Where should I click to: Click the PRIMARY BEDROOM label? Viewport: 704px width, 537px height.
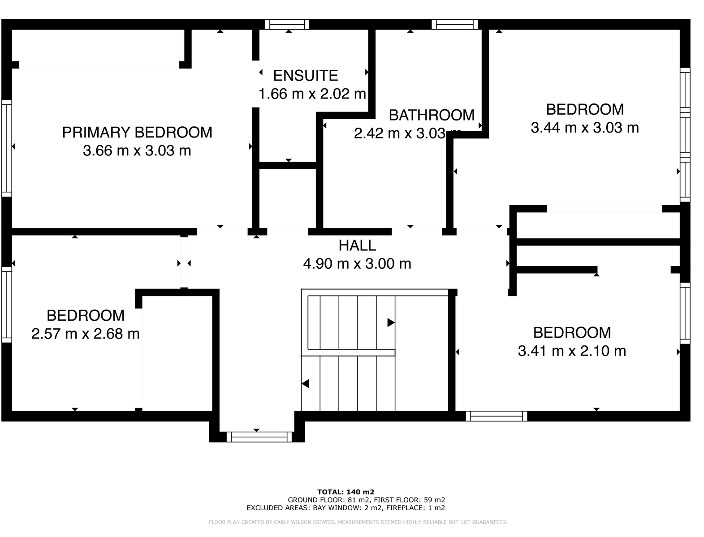pyautogui.click(x=137, y=133)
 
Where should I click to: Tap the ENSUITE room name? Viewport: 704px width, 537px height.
pyautogui.click(x=305, y=76)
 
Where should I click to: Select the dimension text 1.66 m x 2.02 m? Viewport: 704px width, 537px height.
pyautogui.click(x=312, y=94)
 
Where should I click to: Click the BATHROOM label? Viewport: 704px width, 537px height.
pyautogui.click(x=431, y=115)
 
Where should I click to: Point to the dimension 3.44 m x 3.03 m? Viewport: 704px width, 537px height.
pyautogui.click(x=584, y=128)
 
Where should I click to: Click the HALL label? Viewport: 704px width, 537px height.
pyautogui.click(x=357, y=245)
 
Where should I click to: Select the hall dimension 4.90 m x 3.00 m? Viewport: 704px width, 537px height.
pyautogui.click(x=357, y=264)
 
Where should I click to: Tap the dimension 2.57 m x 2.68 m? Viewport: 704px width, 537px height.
pyautogui.click(x=85, y=334)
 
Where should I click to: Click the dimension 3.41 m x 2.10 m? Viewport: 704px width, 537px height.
pyautogui.click(x=571, y=351)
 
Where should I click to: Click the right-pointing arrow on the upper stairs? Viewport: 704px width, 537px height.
pyautogui.click(x=391, y=322)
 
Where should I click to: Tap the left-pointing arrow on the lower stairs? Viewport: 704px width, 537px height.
pyautogui.click(x=305, y=384)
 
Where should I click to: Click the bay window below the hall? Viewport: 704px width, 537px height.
pyautogui.click(x=259, y=437)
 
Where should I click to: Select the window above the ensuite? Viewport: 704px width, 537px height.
pyautogui.click(x=287, y=24)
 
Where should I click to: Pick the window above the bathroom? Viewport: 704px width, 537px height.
pyautogui.click(x=454, y=24)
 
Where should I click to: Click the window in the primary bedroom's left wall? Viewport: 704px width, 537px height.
pyautogui.click(x=6, y=148)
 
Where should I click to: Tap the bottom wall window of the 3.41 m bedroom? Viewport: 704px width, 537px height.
pyautogui.click(x=496, y=416)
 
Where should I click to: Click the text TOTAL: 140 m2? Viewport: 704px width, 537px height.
pyautogui.click(x=346, y=492)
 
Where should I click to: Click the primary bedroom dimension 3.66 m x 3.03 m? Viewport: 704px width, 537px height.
pyautogui.click(x=137, y=151)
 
